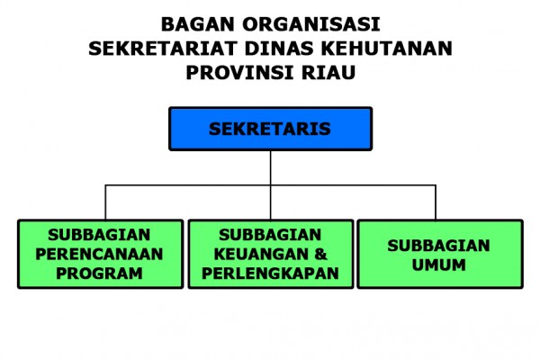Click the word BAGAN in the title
198,25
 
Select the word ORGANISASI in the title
311,25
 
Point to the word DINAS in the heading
279,49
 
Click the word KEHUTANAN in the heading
387,49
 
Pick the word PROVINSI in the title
239,73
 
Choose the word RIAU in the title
328,73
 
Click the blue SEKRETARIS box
270,129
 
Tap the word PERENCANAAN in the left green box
99,254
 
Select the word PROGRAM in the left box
99,274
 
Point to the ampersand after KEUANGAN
320,254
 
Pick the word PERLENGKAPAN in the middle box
270,274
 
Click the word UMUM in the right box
439,265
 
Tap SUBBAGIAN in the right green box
439,246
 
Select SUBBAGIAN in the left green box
99,235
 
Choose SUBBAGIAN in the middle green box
270,235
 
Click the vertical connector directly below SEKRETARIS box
271,185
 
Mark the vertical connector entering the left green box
105,202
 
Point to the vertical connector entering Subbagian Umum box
436,202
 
